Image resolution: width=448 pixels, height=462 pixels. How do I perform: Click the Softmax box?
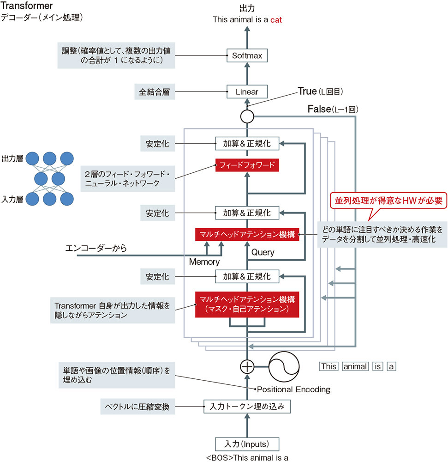pos(247,56)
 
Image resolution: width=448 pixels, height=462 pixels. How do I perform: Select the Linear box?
pos(247,91)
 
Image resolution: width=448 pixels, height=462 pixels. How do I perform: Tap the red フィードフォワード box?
pos(247,165)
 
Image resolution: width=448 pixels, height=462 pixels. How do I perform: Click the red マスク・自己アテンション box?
pos(247,304)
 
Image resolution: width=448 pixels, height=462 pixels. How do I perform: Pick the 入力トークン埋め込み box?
pos(247,407)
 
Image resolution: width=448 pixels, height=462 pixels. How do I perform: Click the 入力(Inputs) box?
pos(247,444)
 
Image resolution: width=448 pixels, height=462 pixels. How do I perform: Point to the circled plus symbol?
pos(247,366)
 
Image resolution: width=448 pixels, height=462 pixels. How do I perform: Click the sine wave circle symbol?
pos(285,366)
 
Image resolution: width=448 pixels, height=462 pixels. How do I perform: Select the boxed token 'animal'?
pos(355,366)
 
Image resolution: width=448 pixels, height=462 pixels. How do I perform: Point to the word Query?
pos(263,252)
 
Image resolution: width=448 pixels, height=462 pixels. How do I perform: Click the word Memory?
pos(204,262)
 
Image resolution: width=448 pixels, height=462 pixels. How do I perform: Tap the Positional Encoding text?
pos(293,389)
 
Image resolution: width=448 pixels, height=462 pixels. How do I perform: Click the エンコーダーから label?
pos(96,249)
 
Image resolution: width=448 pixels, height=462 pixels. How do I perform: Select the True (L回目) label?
pos(317,91)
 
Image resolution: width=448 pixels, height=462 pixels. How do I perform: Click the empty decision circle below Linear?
pos(247,116)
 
